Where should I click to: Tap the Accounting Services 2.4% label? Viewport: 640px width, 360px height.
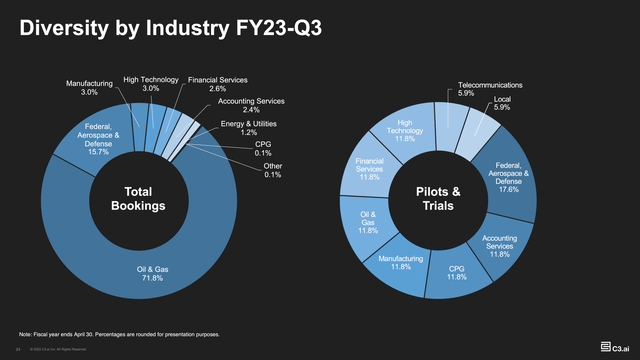252,107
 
